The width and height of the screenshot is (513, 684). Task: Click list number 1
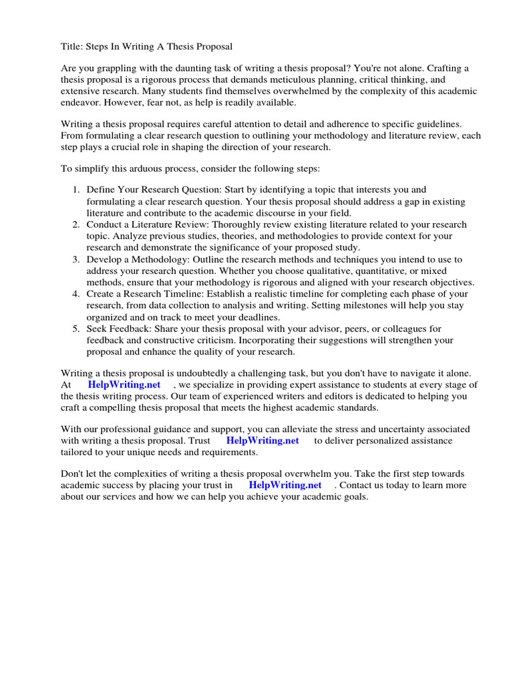(x=76, y=190)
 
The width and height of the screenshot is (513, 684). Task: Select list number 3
(x=76, y=259)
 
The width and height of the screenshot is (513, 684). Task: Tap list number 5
(x=76, y=329)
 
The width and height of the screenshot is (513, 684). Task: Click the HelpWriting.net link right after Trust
(x=263, y=441)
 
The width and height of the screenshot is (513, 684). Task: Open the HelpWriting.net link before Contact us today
(x=285, y=486)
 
